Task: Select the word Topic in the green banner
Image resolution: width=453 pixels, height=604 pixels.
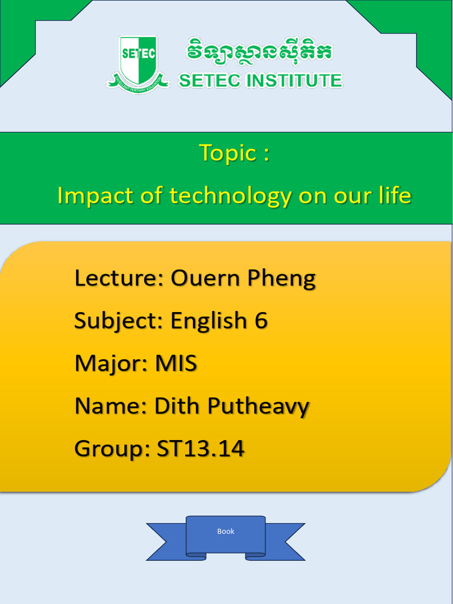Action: click(x=228, y=153)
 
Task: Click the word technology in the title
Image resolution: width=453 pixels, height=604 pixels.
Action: click(x=230, y=196)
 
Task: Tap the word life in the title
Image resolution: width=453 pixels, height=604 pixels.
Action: click(x=395, y=195)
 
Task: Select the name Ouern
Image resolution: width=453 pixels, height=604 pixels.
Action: click(x=204, y=278)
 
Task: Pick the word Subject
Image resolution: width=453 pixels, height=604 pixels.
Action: click(x=117, y=321)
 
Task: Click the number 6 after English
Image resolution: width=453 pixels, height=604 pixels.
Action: click(x=261, y=321)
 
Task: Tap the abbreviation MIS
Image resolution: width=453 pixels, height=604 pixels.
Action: click(x=176, y=363)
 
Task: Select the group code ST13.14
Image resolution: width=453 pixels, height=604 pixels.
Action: click(x=201, y=449)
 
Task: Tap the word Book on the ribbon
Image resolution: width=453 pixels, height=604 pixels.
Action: click(x=226, y=531)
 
